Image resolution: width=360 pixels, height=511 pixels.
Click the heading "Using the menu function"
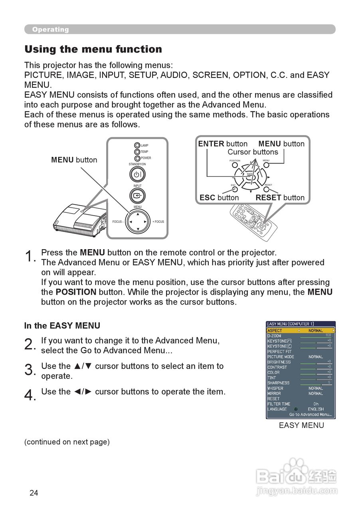pyautogui.click(x=93, y=50)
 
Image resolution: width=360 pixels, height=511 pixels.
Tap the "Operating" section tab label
pyautogui.click(x=50, y=30)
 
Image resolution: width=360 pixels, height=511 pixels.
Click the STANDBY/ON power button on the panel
pyautogui.click(x=137, y=174)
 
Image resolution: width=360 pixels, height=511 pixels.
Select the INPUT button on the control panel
pyautogui.click(x=137, y=196)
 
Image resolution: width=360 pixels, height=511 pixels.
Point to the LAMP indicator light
pyautogui.click(x=137, y=146)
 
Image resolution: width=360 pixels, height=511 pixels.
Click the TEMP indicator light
pyautogui.click(x=137, y=152)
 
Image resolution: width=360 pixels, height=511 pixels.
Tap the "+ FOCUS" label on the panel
pyautogui.click(x=158, y=222)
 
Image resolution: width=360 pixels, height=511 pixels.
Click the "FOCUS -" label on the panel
pyautogui.click(x=118, y=222)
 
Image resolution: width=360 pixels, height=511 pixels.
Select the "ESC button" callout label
pyautogui.click(x=219, y=198)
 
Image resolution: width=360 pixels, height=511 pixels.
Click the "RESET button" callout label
pyautogui.click(x=280, y=198)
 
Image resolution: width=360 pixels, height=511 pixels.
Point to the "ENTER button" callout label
pyautogui.click(x=223, y=144)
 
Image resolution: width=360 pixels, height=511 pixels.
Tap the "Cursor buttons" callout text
pyautogui.click(x=253, y=152)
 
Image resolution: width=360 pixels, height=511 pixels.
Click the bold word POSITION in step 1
pyautogui.click(x=76, y=292)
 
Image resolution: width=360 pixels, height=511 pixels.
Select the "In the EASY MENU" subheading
pyautogui.click(x=62, y=326)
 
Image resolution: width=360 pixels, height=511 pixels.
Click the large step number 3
pyautogui.click(x=30, y=370)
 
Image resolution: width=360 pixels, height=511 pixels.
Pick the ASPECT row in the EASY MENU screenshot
pyautogui.click(x=301, y=331)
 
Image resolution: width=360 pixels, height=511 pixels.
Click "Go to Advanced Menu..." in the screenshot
pyautogui.click(x=310, y=415)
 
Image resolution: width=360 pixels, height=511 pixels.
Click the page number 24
pyautogui.click(x=34, y=493)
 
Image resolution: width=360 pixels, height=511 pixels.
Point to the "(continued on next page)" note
pyautogui.click(x=67, y=442)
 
